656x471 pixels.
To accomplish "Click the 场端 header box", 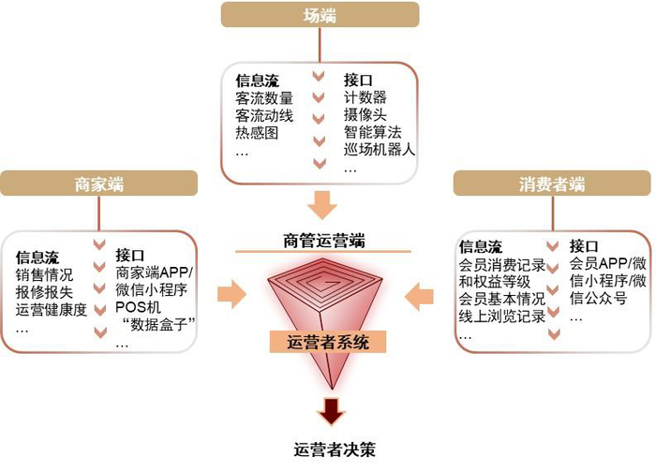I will pos(321,14).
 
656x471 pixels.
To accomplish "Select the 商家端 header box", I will pos(98,183).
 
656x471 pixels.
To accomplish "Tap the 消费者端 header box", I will pos(552,183).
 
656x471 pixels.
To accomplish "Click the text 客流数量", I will pos(264,98).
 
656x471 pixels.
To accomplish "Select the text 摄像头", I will pos(365,116).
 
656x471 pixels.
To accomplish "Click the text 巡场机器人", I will pos(380,151).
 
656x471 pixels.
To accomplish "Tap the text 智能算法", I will pos(372,134).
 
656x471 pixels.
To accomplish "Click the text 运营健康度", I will pos(52,310).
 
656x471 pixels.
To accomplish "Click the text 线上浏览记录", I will pos(501,316).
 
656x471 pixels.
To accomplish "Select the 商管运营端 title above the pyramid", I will pos(323,241).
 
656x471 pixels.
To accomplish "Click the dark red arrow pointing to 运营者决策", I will pos(331,410).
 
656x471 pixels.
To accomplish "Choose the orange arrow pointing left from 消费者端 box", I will pos(419,297).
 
